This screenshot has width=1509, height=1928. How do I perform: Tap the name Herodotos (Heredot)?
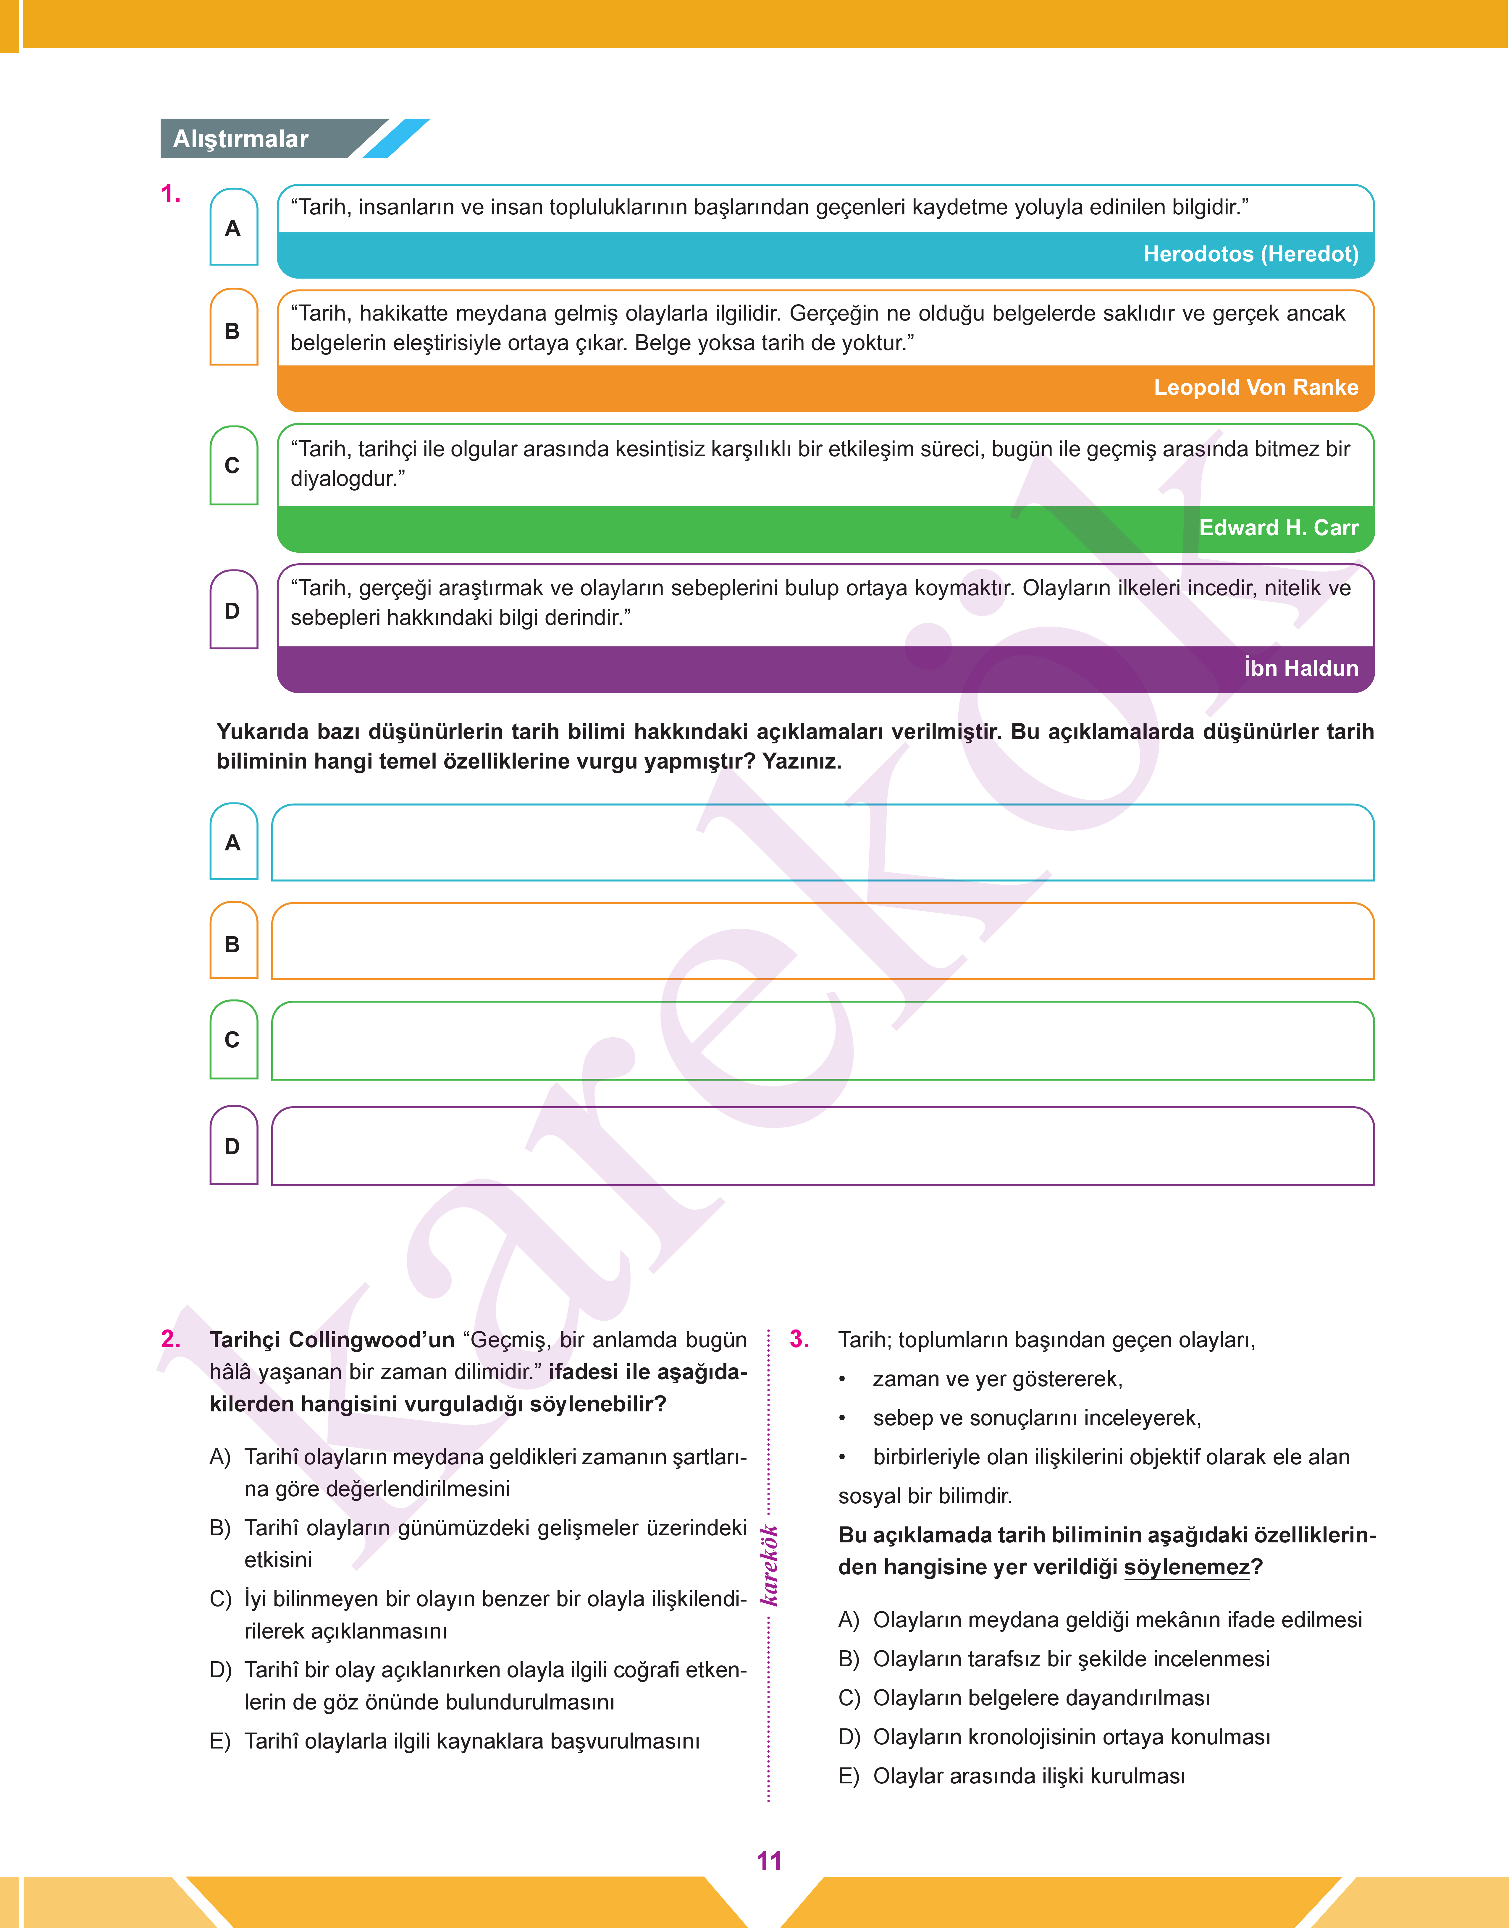coord(1250,254)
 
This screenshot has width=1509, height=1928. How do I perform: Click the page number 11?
coord(769,1861)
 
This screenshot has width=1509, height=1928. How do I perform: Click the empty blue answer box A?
coord(822,842)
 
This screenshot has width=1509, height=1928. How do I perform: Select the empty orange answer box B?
coord(822,942)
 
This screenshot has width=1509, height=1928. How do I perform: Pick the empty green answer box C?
coord(822,1040)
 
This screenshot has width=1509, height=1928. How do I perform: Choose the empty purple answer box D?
coord(822,1146)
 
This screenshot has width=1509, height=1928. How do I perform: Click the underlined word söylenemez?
coord(1187,1568)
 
